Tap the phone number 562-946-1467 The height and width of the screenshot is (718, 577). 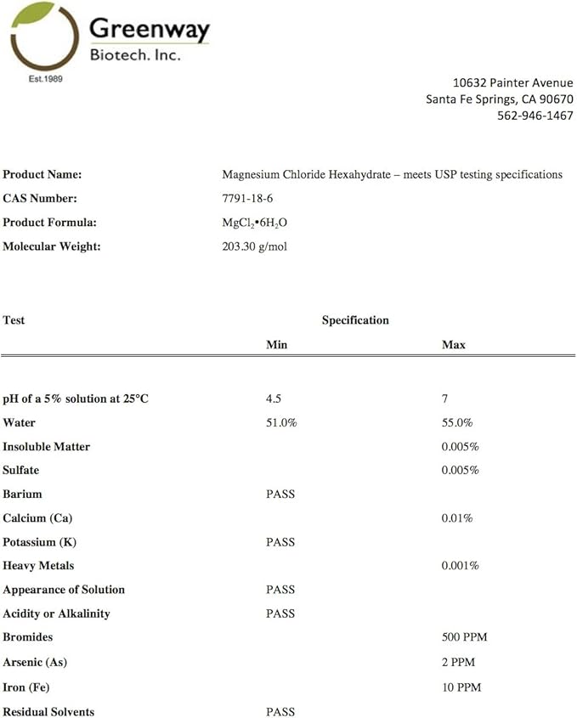tap(535, 116)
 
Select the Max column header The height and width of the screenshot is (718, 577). tap(453, 345)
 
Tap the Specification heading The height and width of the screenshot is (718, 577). tap(355, 320)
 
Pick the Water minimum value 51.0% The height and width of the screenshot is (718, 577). tap(281, 422)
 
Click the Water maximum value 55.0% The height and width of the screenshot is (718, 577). tap(457, 422)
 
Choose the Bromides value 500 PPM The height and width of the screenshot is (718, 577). tap(464, 637)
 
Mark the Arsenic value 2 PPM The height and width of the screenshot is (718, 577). tap(458, 661)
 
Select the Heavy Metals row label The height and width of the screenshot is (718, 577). tap(38, 566)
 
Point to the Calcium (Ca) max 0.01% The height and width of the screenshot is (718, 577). tap(457, 517)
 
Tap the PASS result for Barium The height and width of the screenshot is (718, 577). tap(280, 494)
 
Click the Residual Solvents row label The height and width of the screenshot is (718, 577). tap(48, 712)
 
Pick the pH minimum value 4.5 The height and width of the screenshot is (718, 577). tap(274, 399)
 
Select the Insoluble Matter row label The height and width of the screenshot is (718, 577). tap(46, 446)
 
